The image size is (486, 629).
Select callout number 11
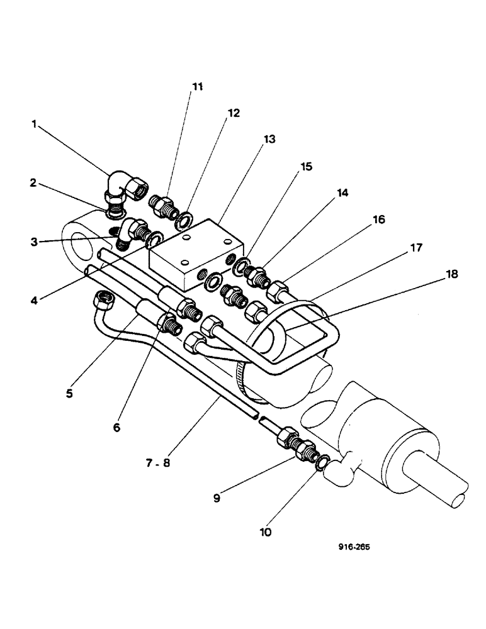pyautogui.click(x=198, y=87)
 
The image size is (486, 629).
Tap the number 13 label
pyautogui.click(x=269, y=140)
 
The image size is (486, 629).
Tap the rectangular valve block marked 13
pyautogui.click(x=192, y=252)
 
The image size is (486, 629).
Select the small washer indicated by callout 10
pyautogui.click(x=320, y=464)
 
